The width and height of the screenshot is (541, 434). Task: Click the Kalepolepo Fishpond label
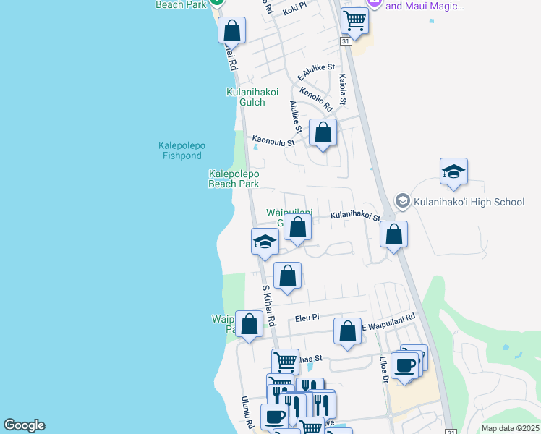182,150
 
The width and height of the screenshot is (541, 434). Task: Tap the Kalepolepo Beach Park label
233,179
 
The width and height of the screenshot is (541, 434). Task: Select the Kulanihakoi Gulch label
245,97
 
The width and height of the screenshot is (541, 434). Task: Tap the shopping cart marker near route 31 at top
354,21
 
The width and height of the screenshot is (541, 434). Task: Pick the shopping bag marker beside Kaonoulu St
323,132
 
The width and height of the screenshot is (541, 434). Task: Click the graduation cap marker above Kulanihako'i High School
453,172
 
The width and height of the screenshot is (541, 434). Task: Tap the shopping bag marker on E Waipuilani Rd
347,331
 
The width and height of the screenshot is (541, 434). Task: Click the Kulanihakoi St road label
355,216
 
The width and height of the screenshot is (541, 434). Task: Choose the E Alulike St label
317,71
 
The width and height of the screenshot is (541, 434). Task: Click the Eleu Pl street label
307,317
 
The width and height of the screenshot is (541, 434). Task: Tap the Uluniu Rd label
247,416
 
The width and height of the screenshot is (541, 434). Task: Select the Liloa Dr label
384,369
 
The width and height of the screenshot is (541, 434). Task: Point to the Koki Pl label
295,9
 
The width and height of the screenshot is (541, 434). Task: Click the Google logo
24,425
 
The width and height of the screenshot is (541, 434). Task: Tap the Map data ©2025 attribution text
510,428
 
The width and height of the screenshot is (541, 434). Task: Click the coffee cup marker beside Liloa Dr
406,365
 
